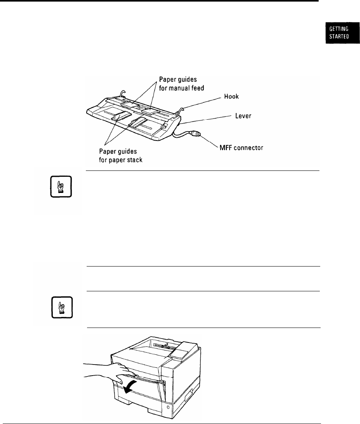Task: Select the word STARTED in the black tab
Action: click(x=338, y=38)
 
